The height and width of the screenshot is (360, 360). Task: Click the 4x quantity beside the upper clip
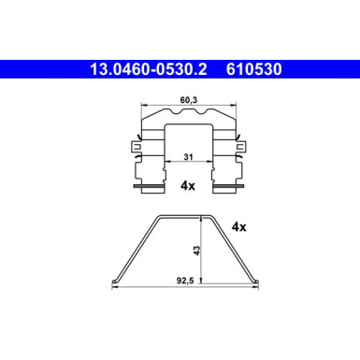(186, 186)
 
